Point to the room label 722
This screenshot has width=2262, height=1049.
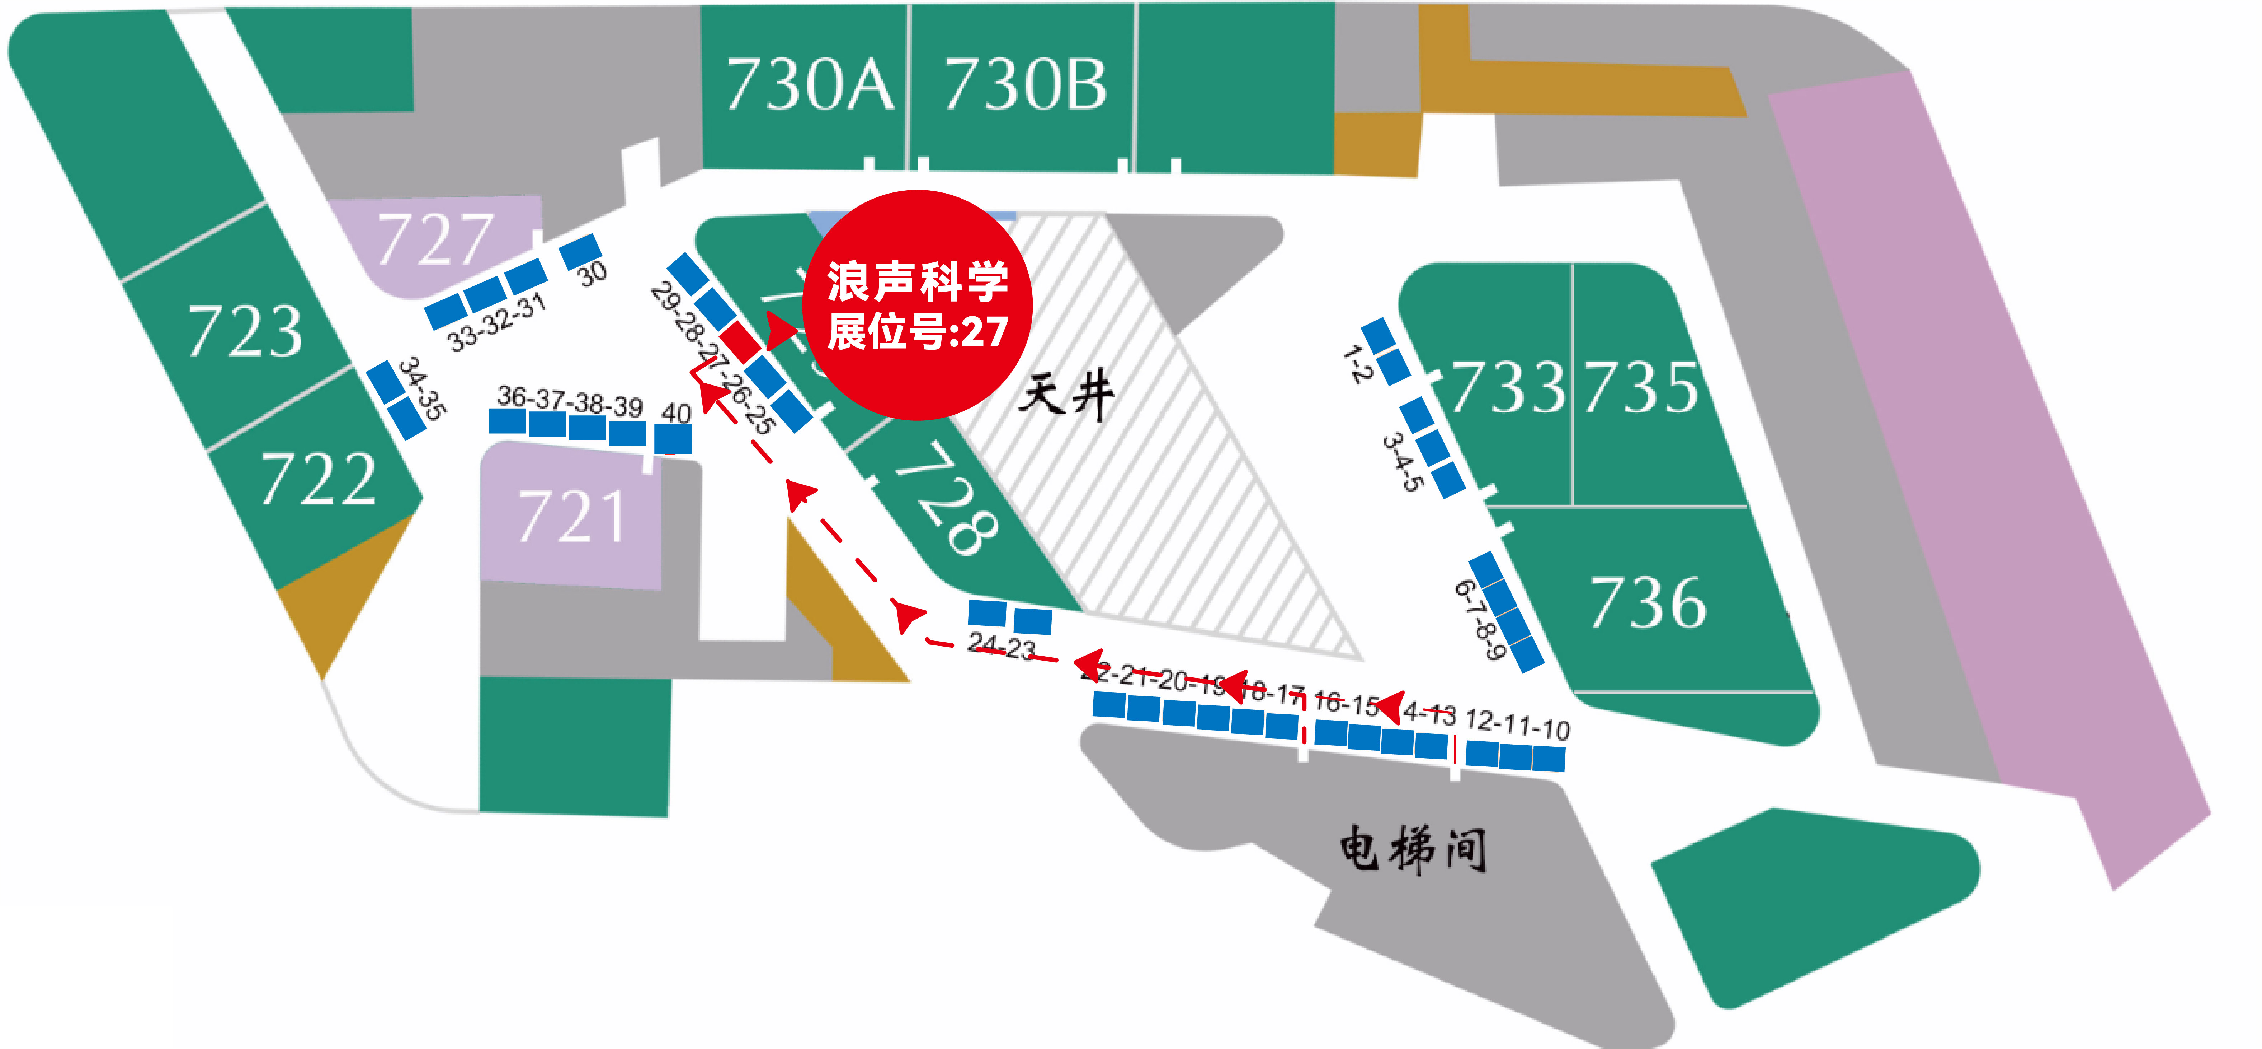point(318,480)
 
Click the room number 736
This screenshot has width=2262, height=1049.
point(1648,603)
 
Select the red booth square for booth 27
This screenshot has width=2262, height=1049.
point(740,341)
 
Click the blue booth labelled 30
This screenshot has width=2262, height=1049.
point(580,251)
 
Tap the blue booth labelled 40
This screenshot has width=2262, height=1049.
point(674,438)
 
